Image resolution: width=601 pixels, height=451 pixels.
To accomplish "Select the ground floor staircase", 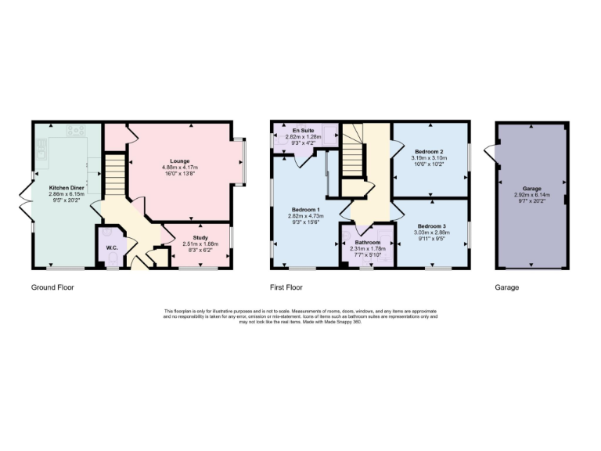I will pos(115,174).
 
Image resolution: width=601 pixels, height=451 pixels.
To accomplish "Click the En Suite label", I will pos(303,130).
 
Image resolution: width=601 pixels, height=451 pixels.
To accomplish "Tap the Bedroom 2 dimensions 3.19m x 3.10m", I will pos(430,158).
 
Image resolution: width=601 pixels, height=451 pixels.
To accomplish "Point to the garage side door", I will pos(491,151).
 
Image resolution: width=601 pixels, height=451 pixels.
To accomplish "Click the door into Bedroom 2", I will pos(397,146).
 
